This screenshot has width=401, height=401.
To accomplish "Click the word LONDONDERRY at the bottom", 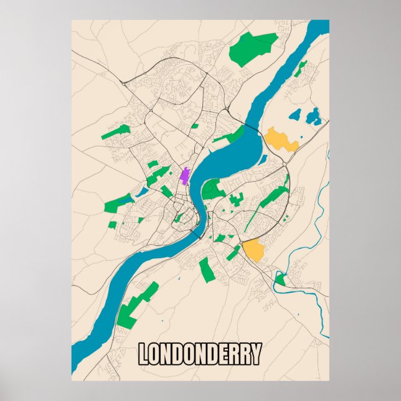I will coord(199,354).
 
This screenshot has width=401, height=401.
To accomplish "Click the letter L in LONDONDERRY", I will coord(143,354).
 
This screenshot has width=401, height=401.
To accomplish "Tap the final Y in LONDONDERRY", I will coord(256,354).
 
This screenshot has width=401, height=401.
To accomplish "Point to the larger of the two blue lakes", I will coord(313,115).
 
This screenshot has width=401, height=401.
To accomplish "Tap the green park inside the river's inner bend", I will coord(213,189).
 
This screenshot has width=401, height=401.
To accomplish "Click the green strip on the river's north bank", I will coord(229,136).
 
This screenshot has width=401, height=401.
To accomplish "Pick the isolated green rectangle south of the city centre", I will coord(206,270).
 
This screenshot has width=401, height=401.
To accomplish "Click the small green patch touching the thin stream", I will coord(281,280).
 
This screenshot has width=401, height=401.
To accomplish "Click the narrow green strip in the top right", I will coord(301,68).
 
